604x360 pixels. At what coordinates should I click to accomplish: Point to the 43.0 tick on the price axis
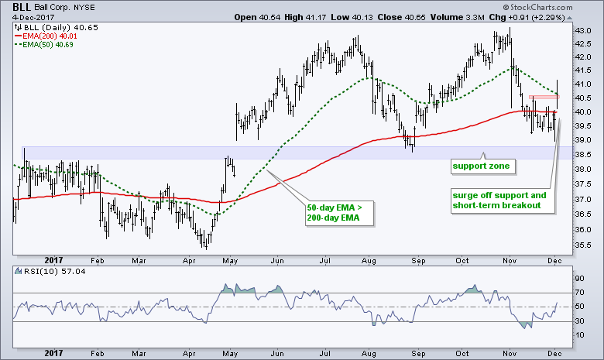[x=582, y=30]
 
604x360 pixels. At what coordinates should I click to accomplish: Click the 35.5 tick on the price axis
[x=582, y=245]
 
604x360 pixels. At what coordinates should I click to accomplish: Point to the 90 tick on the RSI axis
[x=578, y=276]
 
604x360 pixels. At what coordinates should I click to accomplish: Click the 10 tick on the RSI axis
[x=578, y=334]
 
